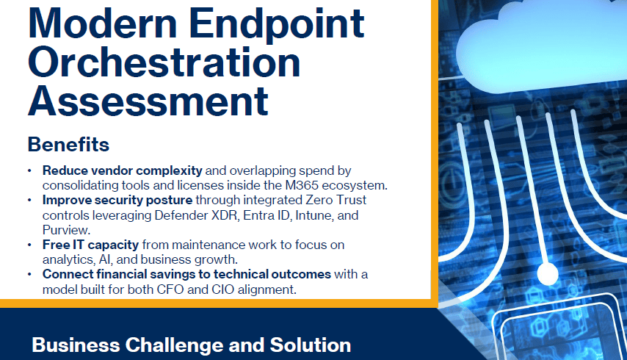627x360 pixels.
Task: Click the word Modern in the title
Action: tap(102, 24)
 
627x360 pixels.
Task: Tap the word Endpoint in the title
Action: tap(276, 26)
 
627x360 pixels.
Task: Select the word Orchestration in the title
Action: tap(164, 62)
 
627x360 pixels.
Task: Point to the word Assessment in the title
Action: tap(148, 101)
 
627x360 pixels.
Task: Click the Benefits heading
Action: tap(68, 145)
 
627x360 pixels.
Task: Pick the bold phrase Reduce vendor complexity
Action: tap(123, 170)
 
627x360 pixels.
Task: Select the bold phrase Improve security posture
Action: tap(117, 201)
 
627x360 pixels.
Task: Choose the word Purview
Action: tap(66, 230)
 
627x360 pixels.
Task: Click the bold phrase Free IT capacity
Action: tap(90, 245)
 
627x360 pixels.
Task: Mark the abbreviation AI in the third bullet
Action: tap(105, 259)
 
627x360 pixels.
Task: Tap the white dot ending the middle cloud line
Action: tap(547, 274)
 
